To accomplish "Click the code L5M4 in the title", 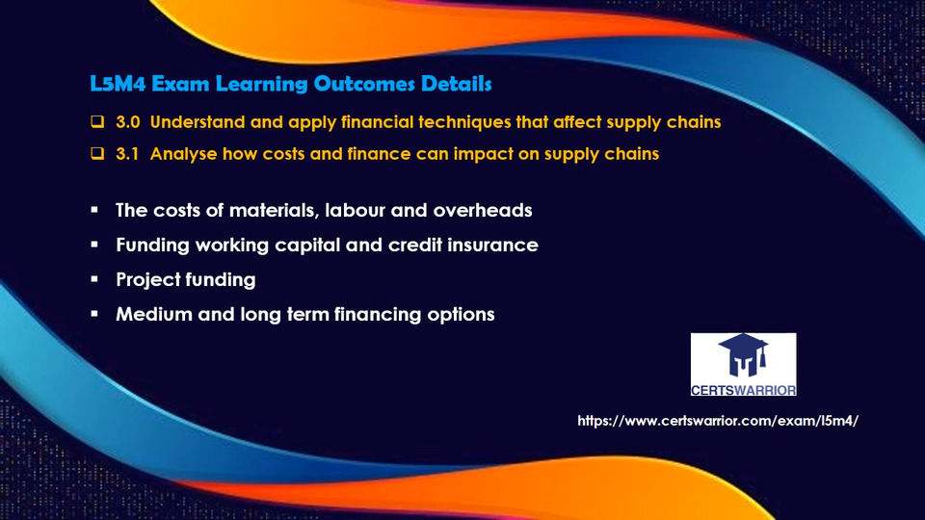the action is click(118, 84).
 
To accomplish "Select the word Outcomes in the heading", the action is click(364, 84).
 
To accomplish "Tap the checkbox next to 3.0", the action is click(97, 121).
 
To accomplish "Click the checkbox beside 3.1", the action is click(97, 153).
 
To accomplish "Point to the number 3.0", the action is click(128, 122).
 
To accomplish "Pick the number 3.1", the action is click(127, 154).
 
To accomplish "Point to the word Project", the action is click(145, 280).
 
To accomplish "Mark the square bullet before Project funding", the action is click(94, 279).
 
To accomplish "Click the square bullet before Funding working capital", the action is click(94, 244).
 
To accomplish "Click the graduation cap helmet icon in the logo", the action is click(743, 355).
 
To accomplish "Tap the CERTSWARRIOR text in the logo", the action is click(743, 390).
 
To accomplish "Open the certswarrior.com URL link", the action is click(717, 421).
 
